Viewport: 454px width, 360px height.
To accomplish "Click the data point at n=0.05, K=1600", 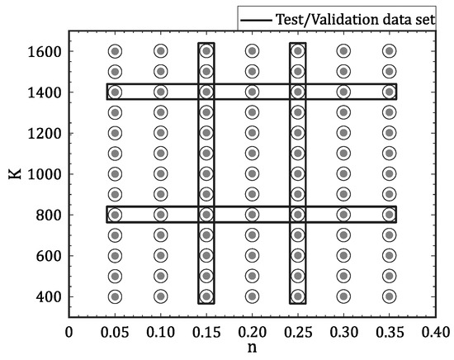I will pyautogui.click(x=115, y=51).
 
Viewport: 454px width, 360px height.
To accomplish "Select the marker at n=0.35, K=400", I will pyautogui.click(x=389, y=296).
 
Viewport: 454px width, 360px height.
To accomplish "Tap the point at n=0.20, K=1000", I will pyautogui.click(x=252, y=173).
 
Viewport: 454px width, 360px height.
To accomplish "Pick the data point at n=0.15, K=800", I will pyautogui.click(x=206, y=215).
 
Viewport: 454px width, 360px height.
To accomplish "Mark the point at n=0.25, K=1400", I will pyautogui.click(x=298, y=92).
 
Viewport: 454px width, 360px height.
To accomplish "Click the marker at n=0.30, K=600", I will pyautogui.click(x=343, y=255).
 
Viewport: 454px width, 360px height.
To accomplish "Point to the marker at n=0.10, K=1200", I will pyautogui.click(x=160, y=133).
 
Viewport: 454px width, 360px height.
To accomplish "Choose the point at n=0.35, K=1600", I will pyautogui.click(x=389, y=51).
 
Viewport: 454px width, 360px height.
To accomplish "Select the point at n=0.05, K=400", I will pyautogui.click(x=115, y=296).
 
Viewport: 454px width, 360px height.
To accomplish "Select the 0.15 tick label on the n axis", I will pyautogui.click(x=206, y=331).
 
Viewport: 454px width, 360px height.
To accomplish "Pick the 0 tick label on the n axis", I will pyautogui.click(x=69, y=331).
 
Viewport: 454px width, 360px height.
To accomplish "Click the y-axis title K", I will pyautogui.click(x=14, y=174).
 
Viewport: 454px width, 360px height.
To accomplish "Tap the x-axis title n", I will pyautogui.click(x=252, y=349).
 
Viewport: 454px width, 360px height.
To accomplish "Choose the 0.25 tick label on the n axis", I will pyautogui.click(x=298, y=331).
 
